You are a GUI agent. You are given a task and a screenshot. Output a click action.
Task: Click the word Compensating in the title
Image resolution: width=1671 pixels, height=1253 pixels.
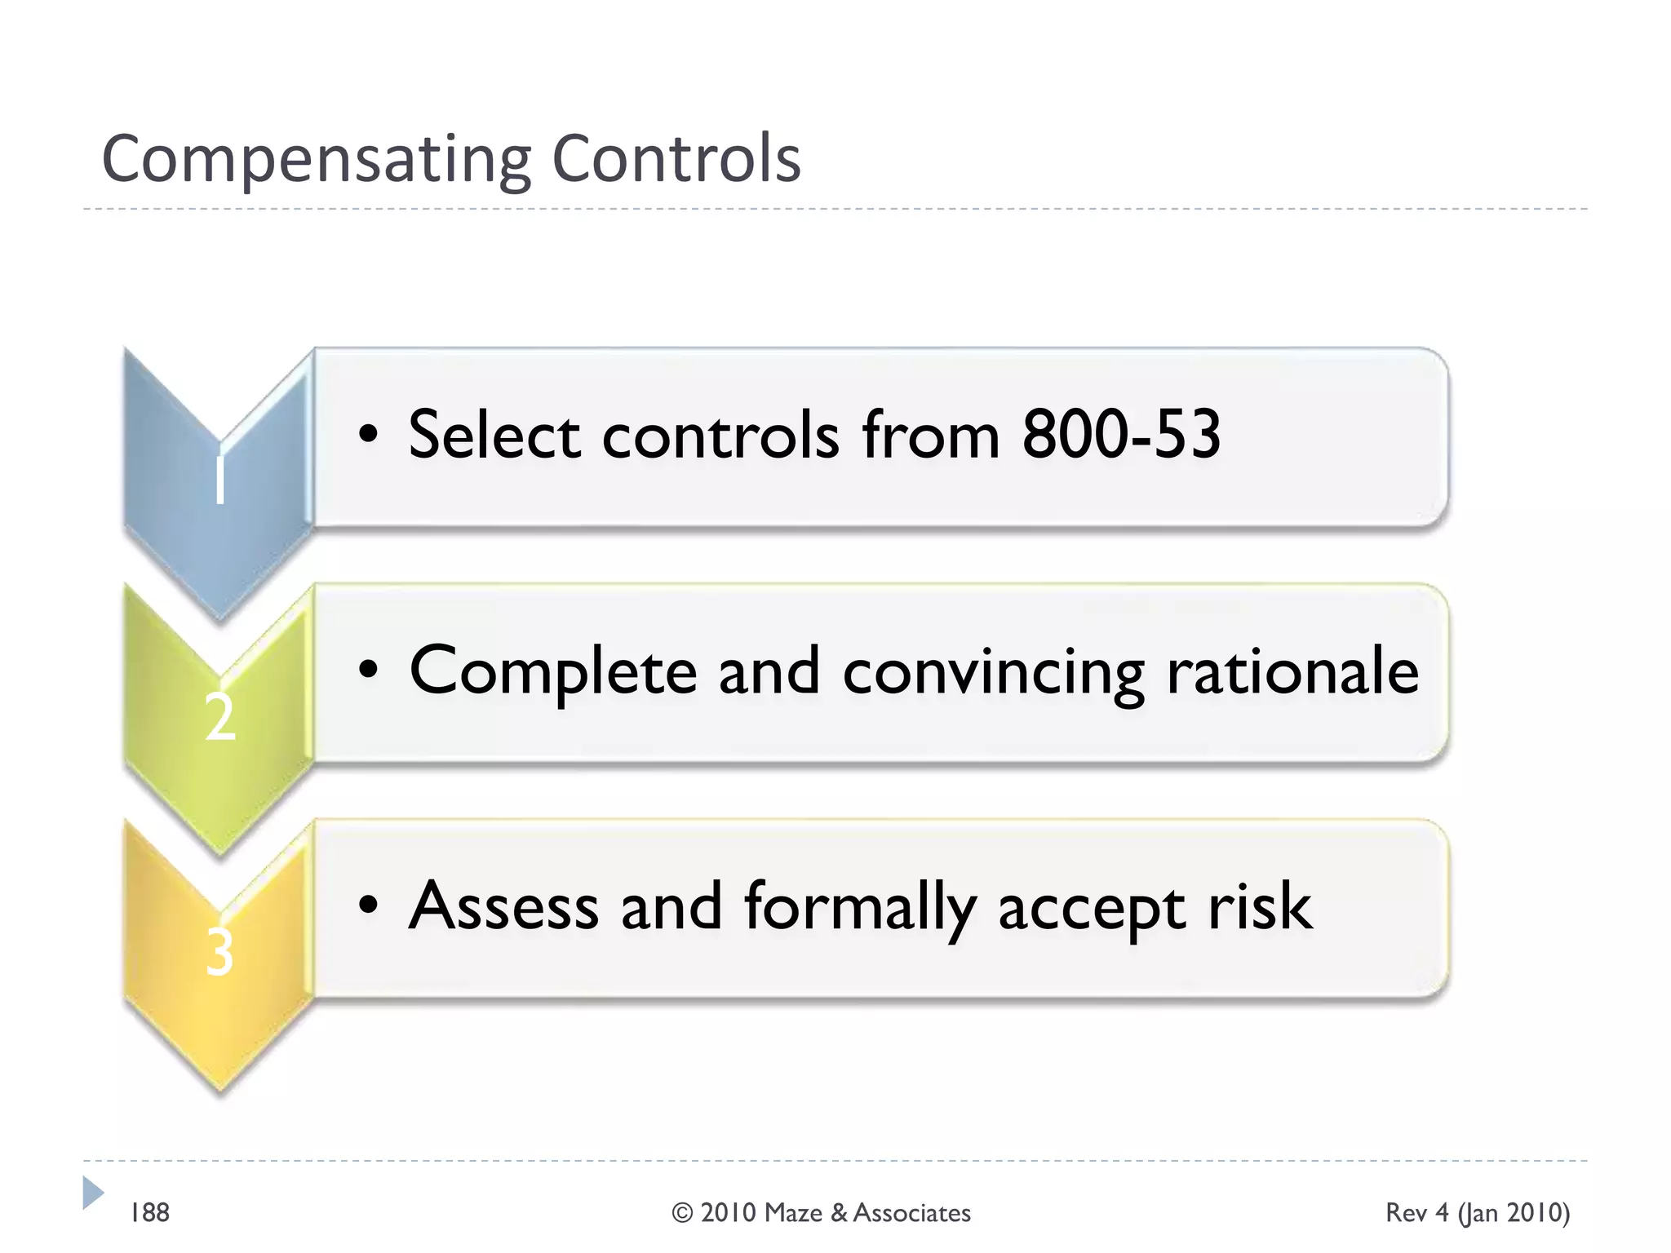317,160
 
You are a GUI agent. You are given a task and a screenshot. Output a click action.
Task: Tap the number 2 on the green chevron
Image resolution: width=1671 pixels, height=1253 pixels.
219,717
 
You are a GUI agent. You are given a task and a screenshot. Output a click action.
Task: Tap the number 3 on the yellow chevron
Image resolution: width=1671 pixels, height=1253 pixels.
219,952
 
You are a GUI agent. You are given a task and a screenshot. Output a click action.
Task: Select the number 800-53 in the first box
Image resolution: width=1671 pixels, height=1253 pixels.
1121,434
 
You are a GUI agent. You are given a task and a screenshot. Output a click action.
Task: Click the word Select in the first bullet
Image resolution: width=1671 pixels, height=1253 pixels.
494,434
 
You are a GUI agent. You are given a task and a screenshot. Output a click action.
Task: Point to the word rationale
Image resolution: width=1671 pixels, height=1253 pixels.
1292,671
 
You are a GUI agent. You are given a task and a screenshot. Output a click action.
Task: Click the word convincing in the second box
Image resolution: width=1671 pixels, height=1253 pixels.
993,672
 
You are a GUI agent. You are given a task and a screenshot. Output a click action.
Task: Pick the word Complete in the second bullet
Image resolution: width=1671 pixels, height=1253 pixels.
552,672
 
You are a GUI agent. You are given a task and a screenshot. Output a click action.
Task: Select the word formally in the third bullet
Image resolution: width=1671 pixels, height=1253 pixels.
859,907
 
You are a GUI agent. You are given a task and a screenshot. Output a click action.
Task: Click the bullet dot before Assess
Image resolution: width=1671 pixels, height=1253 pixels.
369,905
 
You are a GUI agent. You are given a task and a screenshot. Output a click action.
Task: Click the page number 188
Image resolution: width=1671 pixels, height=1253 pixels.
150,1213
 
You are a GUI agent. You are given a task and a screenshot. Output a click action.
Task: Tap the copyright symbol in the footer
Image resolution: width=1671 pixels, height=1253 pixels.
682,1213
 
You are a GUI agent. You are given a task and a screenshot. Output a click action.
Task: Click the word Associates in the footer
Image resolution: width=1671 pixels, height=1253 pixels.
911,1213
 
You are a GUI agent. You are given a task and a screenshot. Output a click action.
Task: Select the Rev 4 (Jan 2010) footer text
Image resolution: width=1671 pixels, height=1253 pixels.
1477,1213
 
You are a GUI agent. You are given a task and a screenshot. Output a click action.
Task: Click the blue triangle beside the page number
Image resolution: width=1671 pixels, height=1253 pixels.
92,1192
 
